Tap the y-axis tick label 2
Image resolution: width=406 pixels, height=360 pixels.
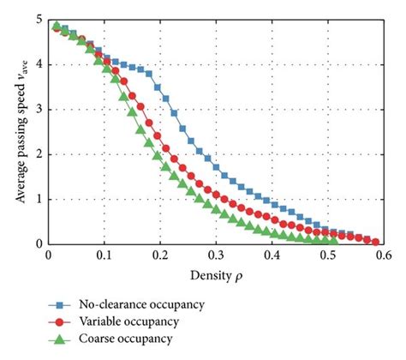pos(39,154)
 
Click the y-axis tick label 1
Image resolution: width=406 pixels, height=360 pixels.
pos(39,199)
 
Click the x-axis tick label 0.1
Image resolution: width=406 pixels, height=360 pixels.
pos(104,255)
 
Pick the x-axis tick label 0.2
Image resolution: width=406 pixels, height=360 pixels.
pos(160,255)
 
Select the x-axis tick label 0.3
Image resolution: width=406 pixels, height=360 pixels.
pos(217,255)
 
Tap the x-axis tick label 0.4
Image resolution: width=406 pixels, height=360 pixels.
pos(273,255)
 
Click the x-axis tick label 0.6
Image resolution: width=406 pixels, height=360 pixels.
pos(385,255)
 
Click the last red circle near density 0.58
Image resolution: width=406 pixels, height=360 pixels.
pos(375,242)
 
